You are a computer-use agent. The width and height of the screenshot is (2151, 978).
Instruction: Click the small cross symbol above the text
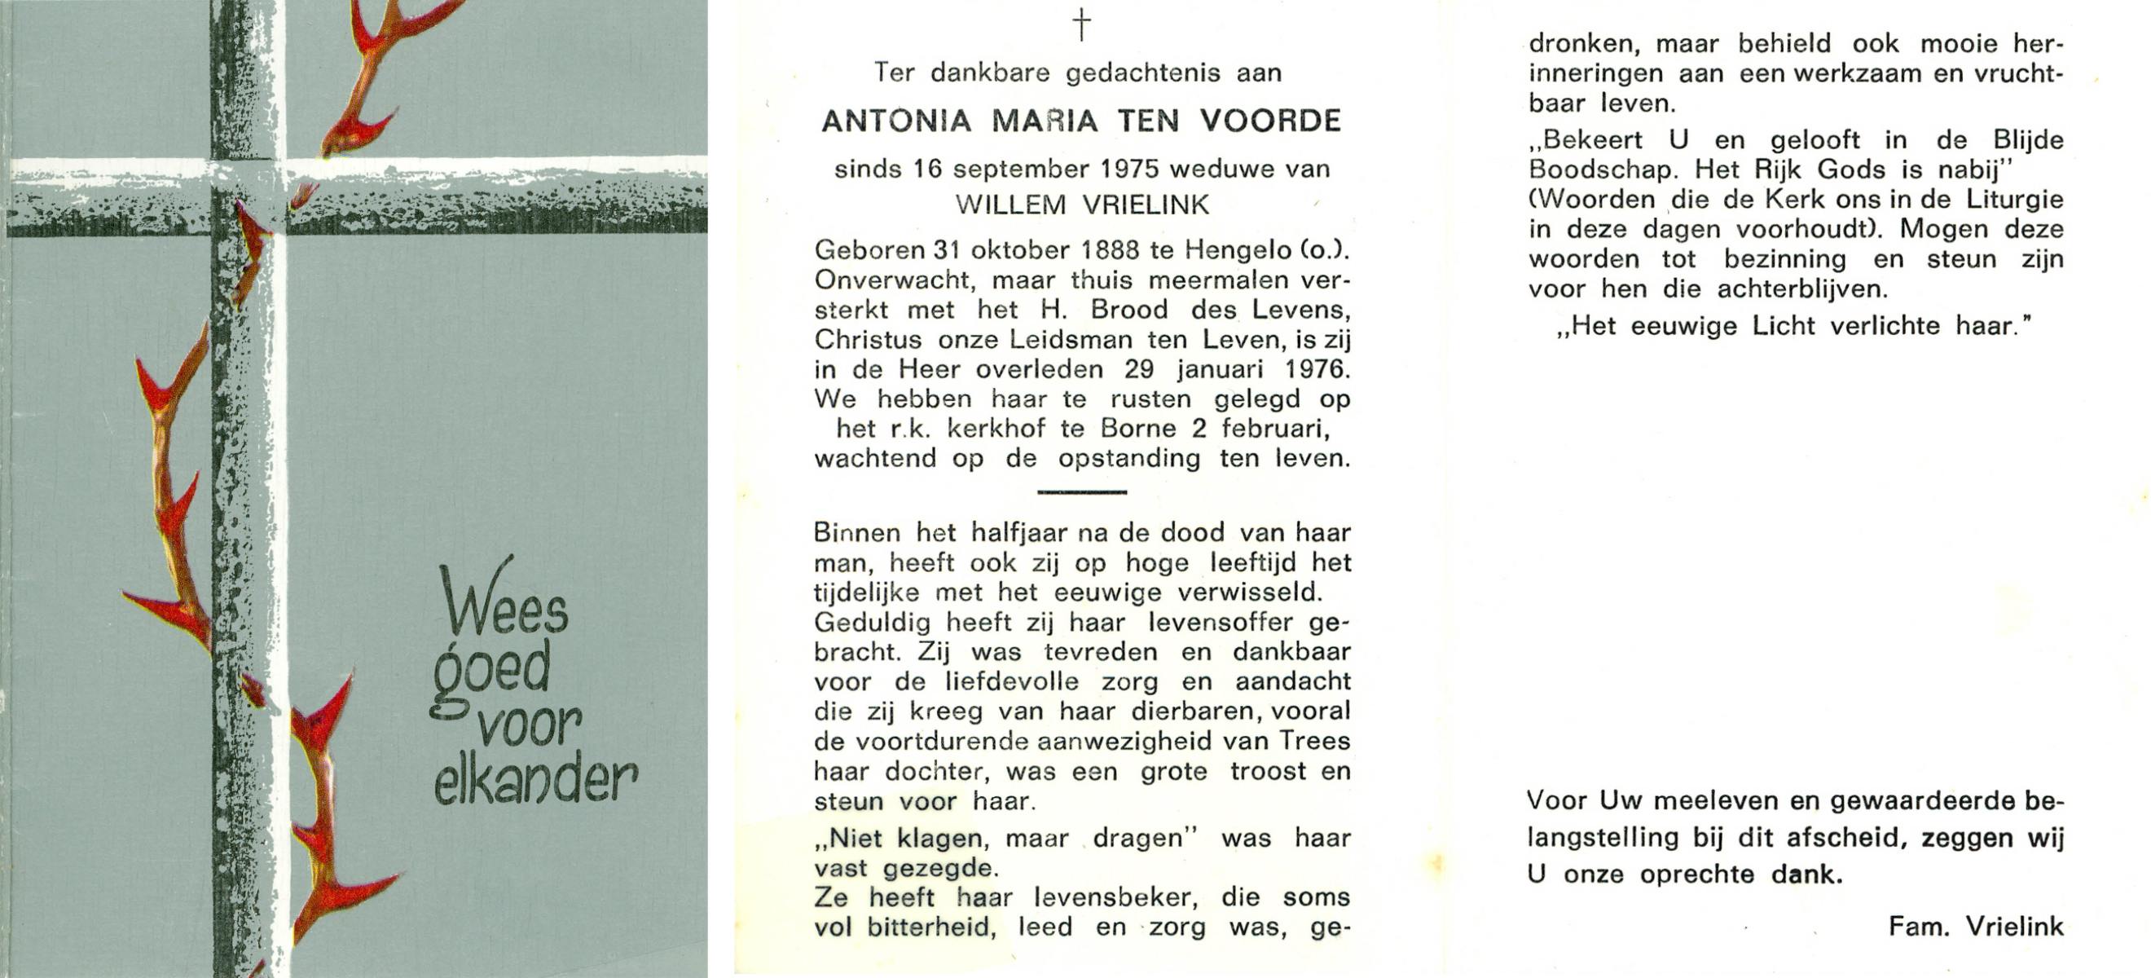(x=1081, y=26)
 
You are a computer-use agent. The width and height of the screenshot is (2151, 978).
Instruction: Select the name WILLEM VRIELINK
(x=1081, y=205)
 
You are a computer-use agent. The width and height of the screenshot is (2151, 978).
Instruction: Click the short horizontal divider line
(x=1081, y=492)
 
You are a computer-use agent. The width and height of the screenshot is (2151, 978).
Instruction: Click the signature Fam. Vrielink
(x=1976, y=927)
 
